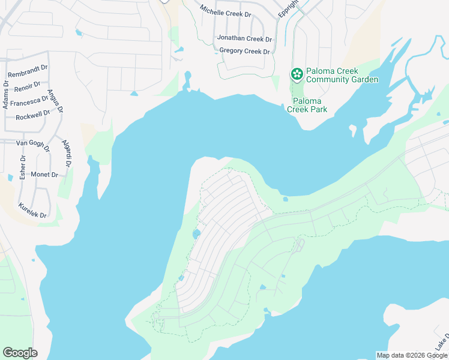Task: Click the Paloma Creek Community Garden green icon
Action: pyautogui.click(x=297, y=74)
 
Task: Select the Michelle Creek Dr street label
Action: pyautogui.click(x=228, y=11)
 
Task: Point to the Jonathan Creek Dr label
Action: pyautogui.click(x=244, y=38)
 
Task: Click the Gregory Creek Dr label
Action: pyautogui.click(x=245, y=51)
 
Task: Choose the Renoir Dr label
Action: pyautogui.click(x=27, y=88)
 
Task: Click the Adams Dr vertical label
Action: pyautogui.click(x=5, y=94)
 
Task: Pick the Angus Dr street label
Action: pyautogui.click(x=59, y=102)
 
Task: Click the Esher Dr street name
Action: pyautogui.click(x=22, y=167)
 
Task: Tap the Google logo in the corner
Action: pyautogui.click(x=20, y=353)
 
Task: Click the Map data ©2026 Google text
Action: pyautogui.click(x=412, y=355)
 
